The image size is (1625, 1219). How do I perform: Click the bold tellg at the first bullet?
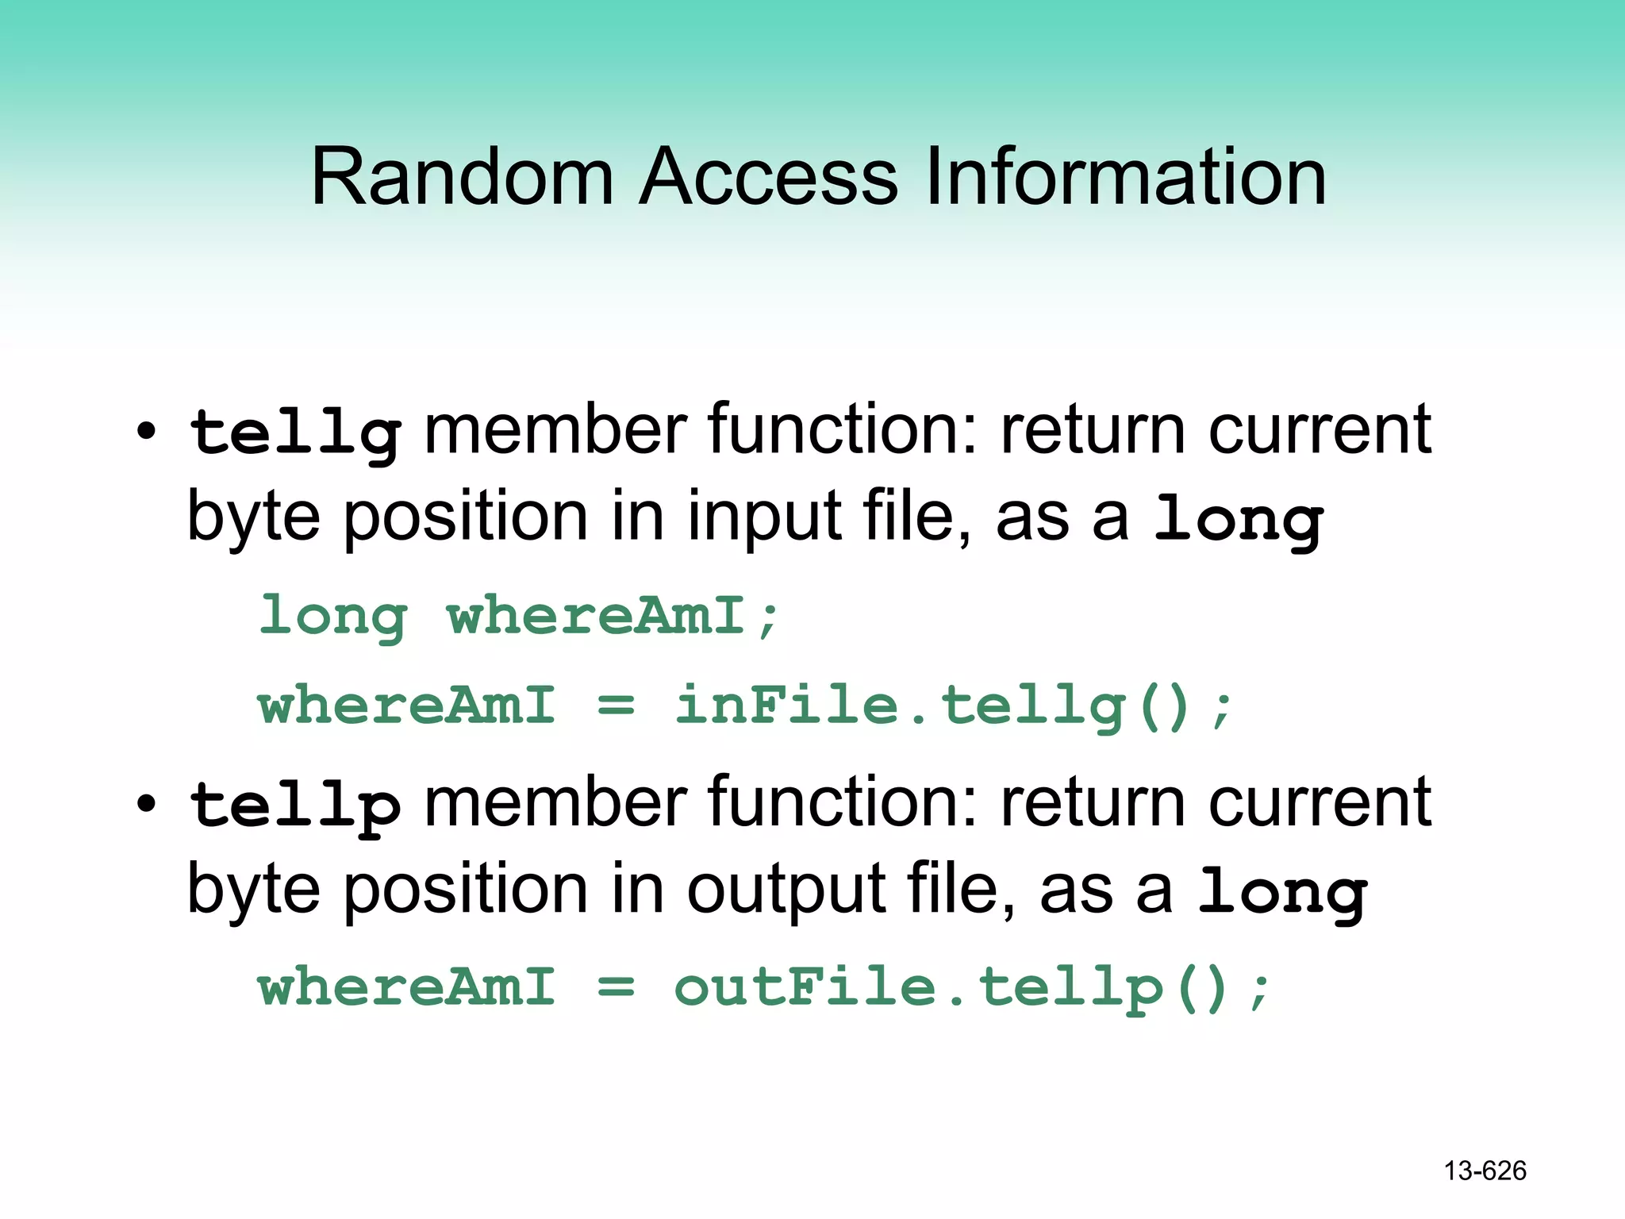pos(295,433)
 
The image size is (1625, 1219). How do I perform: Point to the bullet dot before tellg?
pos(146,433)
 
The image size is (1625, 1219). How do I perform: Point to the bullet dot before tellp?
pos(146,805)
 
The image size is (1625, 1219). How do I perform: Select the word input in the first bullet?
pos(764,518)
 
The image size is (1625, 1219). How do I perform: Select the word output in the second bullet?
pos(786,890)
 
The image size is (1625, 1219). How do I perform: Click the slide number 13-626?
pos(1485,1171)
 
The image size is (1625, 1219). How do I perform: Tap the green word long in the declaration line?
pos(333,617)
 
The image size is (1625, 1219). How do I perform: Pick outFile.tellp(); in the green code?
pos(973,989)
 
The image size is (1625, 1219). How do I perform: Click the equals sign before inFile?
pos(616,705)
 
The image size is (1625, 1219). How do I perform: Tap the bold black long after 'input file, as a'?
pos(1239,521)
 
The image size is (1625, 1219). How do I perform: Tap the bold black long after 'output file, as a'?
pos(1282,893)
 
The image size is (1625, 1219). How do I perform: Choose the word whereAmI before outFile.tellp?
pos(406,988)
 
